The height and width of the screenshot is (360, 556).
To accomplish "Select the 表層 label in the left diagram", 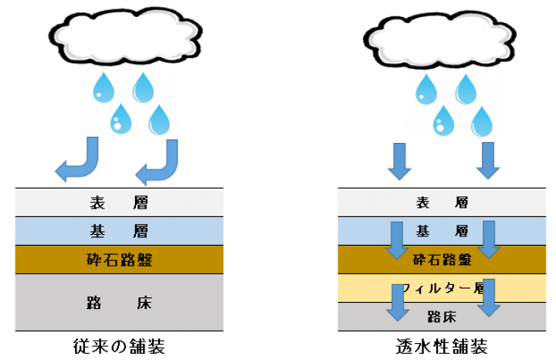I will click(119, 204).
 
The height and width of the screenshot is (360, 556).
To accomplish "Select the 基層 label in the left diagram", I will click(119, 231).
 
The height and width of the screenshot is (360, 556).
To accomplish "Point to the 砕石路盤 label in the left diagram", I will click(119, 259).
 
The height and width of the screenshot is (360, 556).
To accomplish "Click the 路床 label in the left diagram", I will click(119, 302).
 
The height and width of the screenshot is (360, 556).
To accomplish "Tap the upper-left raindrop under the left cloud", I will click(102, 88).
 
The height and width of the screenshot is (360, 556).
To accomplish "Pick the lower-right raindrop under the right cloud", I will click(483, 121).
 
